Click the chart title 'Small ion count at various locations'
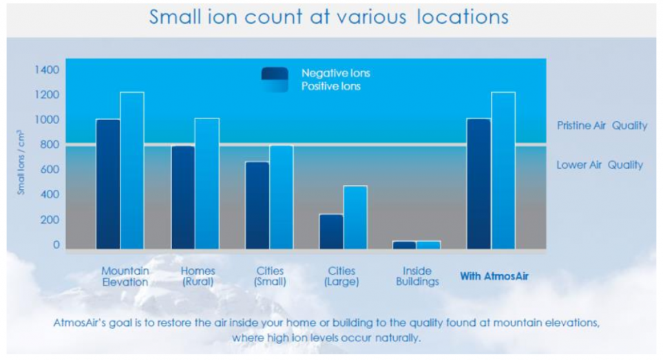328,17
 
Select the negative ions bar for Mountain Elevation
108,184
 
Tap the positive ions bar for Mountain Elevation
132,170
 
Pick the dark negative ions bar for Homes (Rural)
183,198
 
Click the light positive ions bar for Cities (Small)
282,197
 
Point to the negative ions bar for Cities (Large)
332,231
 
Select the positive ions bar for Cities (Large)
355,218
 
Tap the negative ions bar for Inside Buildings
405,245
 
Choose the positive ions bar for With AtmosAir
503,170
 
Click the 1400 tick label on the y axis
47,70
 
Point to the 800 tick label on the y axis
50,145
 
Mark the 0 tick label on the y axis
56,244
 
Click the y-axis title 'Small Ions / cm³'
21,162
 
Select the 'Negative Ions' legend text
336,73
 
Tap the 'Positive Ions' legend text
331,86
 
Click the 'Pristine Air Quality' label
602,125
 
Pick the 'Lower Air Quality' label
600,165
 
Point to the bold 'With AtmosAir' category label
494,276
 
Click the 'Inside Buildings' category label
417,276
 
